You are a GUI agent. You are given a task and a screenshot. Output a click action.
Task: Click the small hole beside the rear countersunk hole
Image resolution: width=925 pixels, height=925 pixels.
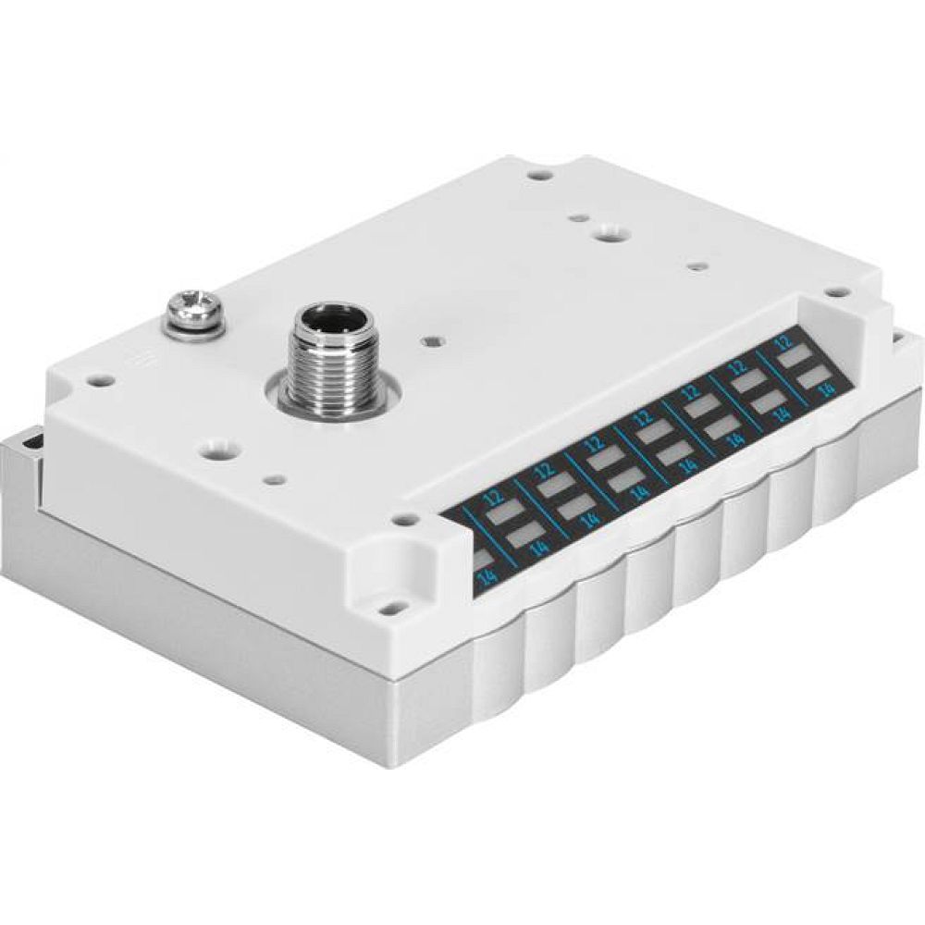tap(577, 221)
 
